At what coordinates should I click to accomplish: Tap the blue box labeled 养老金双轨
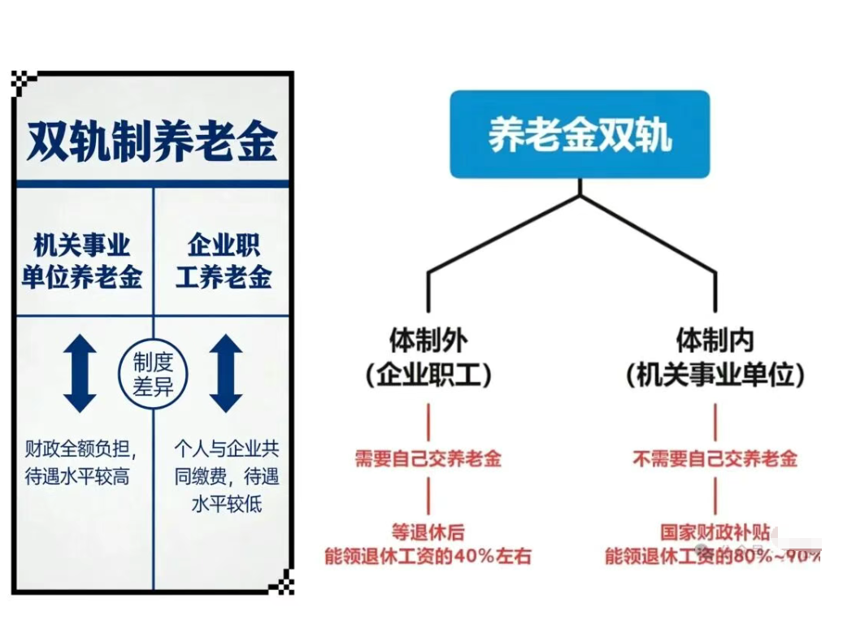click(580, 134)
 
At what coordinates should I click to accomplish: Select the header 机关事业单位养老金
click(81, 261)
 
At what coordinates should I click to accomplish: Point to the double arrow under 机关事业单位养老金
click(80, 374)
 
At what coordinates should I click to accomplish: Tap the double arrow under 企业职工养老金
click(226, 374)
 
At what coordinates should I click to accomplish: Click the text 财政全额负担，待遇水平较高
click(81, 462)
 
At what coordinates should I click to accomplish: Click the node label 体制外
click(428, 340)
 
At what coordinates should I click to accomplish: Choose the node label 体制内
click(715, 340)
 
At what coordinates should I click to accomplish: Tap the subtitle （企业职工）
click(428, 375)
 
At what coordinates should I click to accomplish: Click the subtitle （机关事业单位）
click(715, 375)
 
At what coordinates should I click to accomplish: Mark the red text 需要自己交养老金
click(428, 458)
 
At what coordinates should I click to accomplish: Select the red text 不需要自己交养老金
click(715, 458)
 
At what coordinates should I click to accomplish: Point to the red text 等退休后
click(428, 532)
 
